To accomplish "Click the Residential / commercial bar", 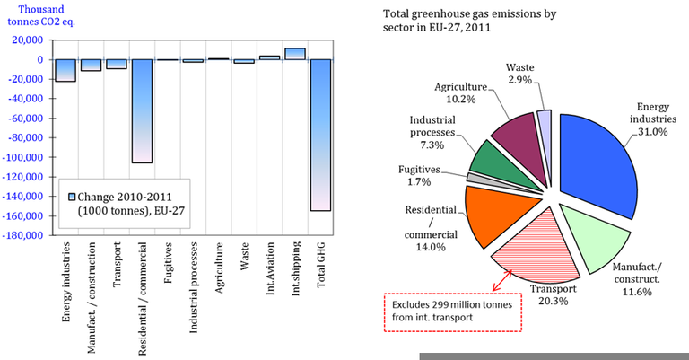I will [x=142, y=111].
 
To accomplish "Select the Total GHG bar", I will [x=319, y=135].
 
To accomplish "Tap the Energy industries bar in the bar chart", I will [x=65, y=70].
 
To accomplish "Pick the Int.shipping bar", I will [x=294, y=54].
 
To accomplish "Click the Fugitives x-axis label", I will [x=168, y=265].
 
